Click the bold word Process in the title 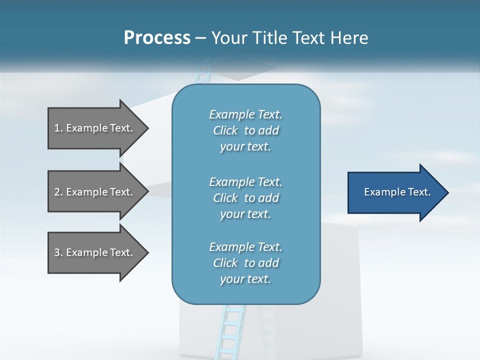coord(157,38)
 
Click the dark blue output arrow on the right coord(395,192)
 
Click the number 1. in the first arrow coord(58,128)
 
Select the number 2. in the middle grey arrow coord(58,192)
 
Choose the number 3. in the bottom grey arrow coord(58,252)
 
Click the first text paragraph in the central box coord(245,130)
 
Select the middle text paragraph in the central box coord(245,198)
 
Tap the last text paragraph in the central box coord(245,263)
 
